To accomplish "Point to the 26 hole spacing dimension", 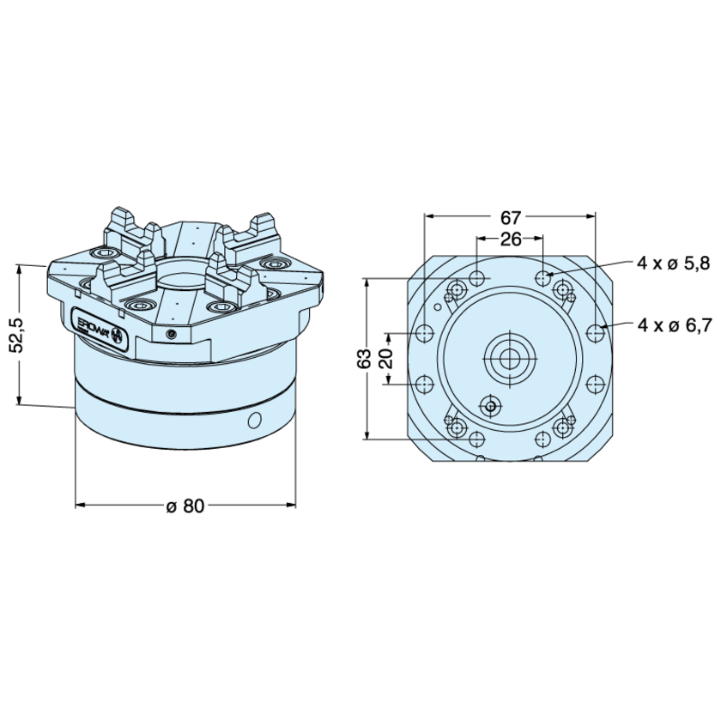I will tap(511, 239).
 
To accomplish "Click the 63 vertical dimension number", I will tap(367, 358).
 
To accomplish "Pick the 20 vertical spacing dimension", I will tap(387, 356).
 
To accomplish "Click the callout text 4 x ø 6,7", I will tap(674, 325).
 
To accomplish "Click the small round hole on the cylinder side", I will tap(253, 420).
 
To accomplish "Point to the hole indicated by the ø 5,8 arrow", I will tap(543, 278).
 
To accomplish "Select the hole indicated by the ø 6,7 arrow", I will tap(597, 331).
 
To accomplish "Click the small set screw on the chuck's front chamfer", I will tap(171, 332).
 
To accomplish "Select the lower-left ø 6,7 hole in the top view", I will tap(425, 384).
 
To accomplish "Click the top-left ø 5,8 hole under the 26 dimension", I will tap(478, 278).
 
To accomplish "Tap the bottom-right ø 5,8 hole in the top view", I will tap(543, 439).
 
